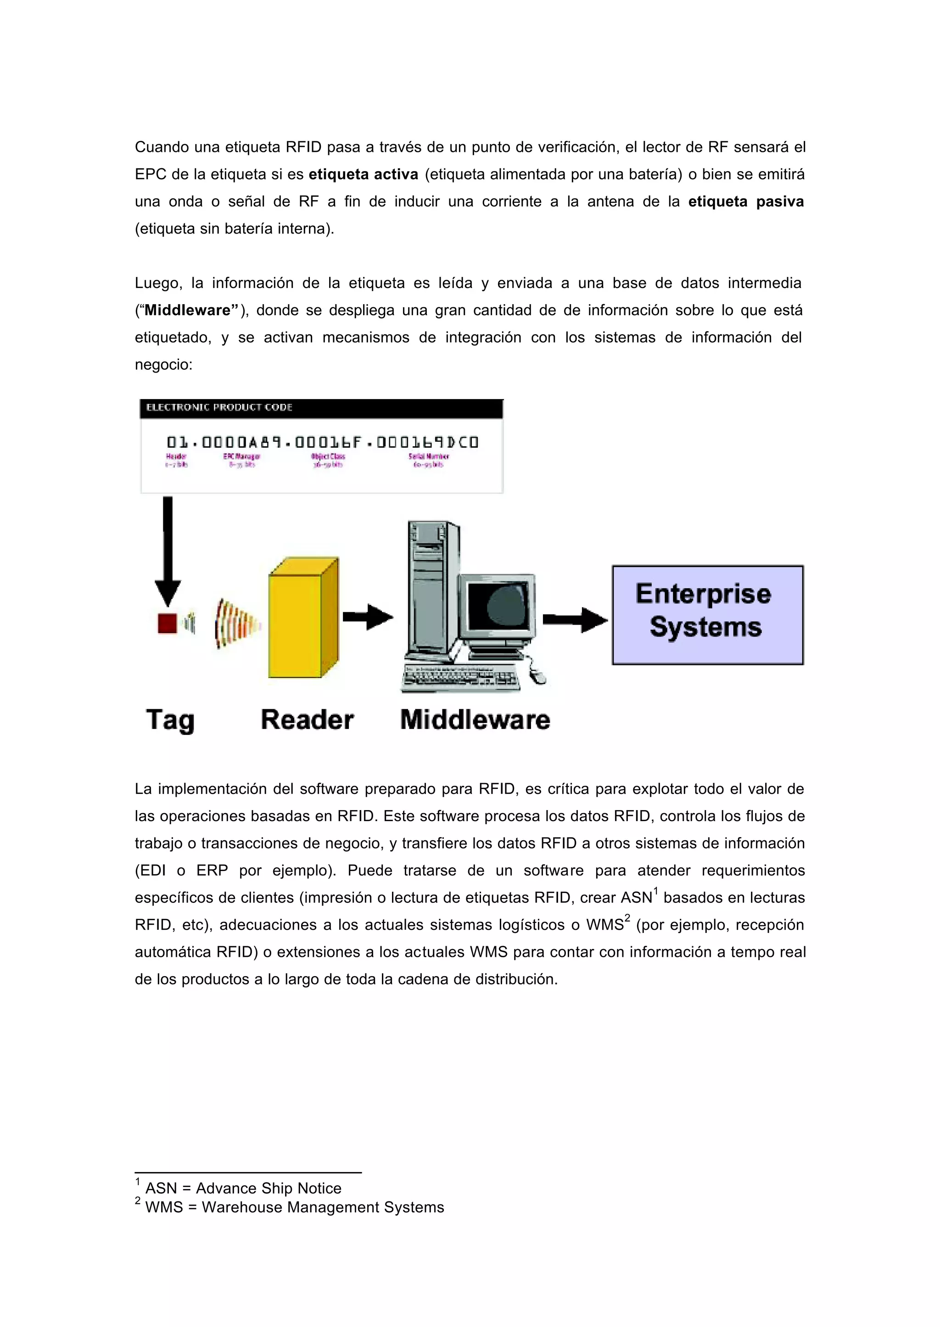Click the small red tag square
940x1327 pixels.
(167, 623)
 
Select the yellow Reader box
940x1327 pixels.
(302, 618)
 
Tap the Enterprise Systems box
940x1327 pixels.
(707, 615)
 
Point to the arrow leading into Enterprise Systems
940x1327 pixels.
(575, 620)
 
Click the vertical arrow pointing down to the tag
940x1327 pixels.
(168, 550)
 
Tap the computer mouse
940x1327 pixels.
(538, 675)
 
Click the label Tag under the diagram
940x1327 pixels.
(170, 720)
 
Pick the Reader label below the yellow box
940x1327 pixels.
(307, 720)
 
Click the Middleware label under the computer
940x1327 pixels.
(475, 720)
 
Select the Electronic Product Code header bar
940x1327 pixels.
(321, 408)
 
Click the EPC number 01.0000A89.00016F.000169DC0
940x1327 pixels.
(322, 443)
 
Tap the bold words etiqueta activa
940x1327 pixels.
(363, 174)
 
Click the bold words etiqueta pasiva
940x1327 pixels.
(745, 201)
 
